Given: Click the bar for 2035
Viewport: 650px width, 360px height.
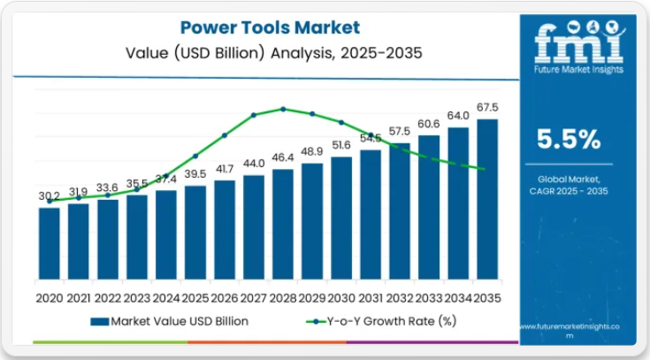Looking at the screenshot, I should coord(487,199).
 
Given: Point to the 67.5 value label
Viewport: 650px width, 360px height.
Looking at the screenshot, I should coord(487,108).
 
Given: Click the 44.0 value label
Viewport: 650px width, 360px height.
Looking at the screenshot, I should coord(254,164).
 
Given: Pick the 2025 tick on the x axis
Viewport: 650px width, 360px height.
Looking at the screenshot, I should coord(195,298).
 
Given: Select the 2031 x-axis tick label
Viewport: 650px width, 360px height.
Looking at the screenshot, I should coord(371,298).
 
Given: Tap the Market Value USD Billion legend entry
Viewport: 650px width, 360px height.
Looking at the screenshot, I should coord(172,321).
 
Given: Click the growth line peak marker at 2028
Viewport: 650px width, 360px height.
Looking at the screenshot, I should coord(283,109).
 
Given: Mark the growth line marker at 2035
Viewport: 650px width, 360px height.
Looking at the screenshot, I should coord(483,169).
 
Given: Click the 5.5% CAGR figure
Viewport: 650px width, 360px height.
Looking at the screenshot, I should coord(570,139).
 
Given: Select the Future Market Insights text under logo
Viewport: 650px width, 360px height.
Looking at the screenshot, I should coord(570,69).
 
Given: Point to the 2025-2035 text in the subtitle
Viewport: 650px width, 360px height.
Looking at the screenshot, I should coord(379,52).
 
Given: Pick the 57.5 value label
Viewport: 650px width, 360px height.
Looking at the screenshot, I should coord(400,132).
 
